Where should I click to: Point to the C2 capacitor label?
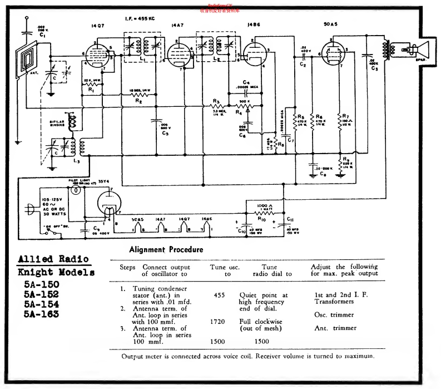click(303, 65)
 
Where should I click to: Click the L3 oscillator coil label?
click(75, 161)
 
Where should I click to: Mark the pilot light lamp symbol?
click(76, 189)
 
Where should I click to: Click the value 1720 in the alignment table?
click(217, 321)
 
